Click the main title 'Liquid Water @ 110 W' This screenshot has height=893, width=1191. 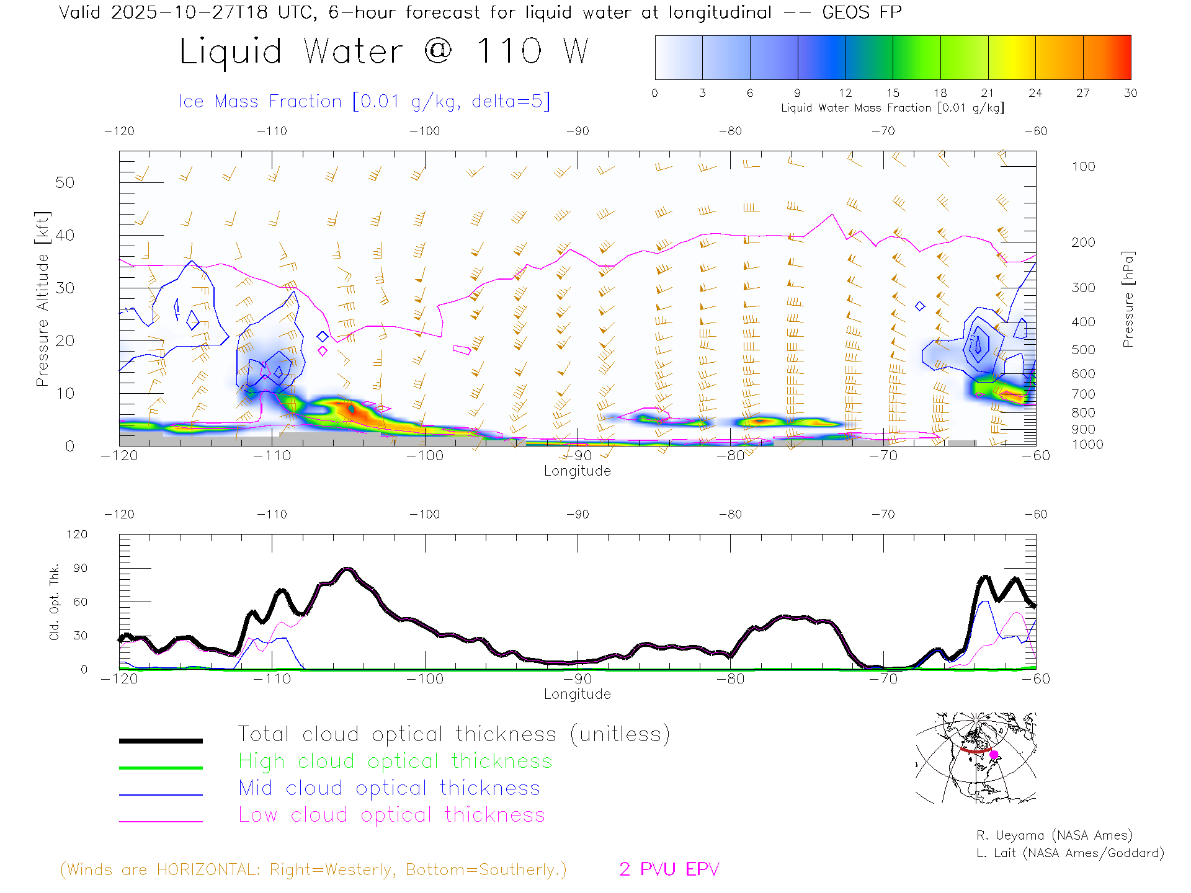click(x=383, y=51)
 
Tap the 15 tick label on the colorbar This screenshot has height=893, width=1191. click(x=893, y=93)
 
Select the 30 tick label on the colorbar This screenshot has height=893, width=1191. click(x=1130, y=93)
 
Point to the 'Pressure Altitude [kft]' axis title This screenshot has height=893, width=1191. click(x=42, y=299)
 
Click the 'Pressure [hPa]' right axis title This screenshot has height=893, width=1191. click(x=1128, y=299)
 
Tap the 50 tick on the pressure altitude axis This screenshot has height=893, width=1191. click(x=65, y=182)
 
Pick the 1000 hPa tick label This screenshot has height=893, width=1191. click(x=1087, y=445)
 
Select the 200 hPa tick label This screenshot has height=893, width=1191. click(x=1083, y=242)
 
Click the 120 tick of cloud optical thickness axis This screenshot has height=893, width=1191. click(x=77, y=535)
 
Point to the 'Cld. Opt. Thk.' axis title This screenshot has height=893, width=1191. click(x=55, y=602)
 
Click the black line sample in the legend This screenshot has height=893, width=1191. click(x=161, y=740)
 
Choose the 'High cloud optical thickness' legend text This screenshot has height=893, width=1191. click(x=395, y=761)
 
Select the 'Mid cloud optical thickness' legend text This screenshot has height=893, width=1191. click(x=389, y=788)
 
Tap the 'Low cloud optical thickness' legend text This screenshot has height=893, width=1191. click(x=391, y=815)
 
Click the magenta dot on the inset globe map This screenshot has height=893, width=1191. click(x=994, y=755)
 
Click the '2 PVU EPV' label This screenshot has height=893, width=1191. click(x=669, y=869)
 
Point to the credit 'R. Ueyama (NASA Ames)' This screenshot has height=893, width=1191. click(x=1054, y=835)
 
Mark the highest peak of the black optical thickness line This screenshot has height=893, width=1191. click(x=348, y=568)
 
